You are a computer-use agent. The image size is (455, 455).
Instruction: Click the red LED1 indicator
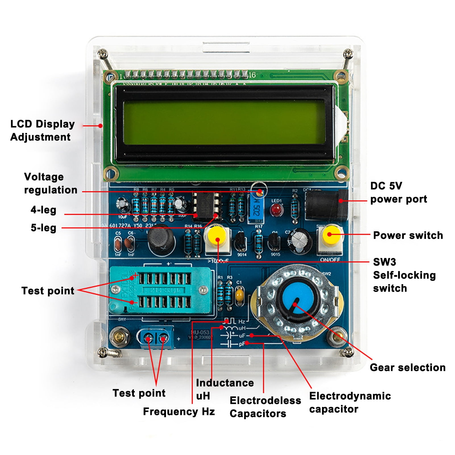pyautogui.click(x=276, y=210)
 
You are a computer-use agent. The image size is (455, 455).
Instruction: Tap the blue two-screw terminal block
pyautogui.click(x=155, y=338)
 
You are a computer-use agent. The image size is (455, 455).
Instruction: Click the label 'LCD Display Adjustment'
pyautogui.click(x=42, y=130)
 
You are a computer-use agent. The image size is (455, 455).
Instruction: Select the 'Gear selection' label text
pyautogui.click(x=407, y=367)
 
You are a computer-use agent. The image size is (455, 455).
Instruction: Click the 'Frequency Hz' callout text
pyautogui.click(x=179, y=412)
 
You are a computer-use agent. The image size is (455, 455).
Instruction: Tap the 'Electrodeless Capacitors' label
pyautogui.click(x=265, y=407)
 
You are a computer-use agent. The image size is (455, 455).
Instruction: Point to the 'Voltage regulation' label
pyautogui.click(x=50, y=183)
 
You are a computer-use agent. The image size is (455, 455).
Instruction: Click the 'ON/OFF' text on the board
pyautogui.click(x=330, y=259)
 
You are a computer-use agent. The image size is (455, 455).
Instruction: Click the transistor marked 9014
pyautogui.click(x=240, y=242)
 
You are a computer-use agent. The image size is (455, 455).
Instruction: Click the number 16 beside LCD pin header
pyautogui.click(x=252, y=75)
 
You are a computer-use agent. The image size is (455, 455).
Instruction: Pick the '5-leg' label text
pyautogui.click(x=43, y=228)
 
